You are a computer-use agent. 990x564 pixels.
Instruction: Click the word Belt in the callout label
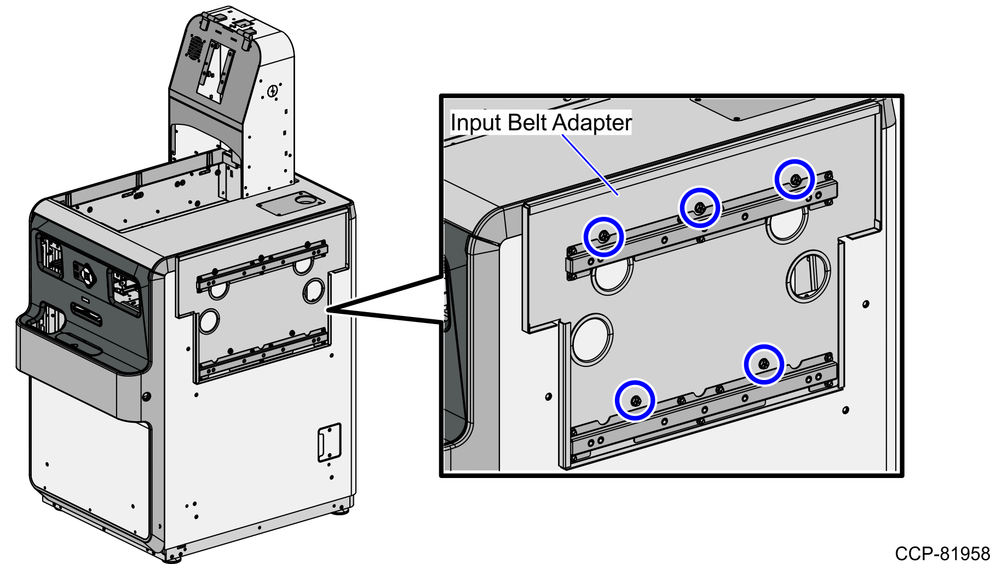(528, 123)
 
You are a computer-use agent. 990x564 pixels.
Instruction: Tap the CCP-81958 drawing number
(942, 553)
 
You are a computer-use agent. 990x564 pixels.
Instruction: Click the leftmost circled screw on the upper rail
(603, 237)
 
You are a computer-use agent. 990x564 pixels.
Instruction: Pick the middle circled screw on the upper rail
(699, 208)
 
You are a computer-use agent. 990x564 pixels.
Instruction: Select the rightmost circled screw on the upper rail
(795, 179)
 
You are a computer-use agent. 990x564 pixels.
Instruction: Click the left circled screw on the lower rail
(635, 400)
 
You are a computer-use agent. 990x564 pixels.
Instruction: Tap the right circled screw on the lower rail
(763, 364)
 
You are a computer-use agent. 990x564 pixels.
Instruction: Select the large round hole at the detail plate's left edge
(591, 339)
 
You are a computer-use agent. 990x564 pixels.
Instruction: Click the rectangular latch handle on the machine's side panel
(329, 442)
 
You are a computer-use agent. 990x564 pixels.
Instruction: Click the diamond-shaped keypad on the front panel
(87, 272)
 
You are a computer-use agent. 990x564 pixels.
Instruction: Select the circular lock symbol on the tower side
(273, 90)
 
